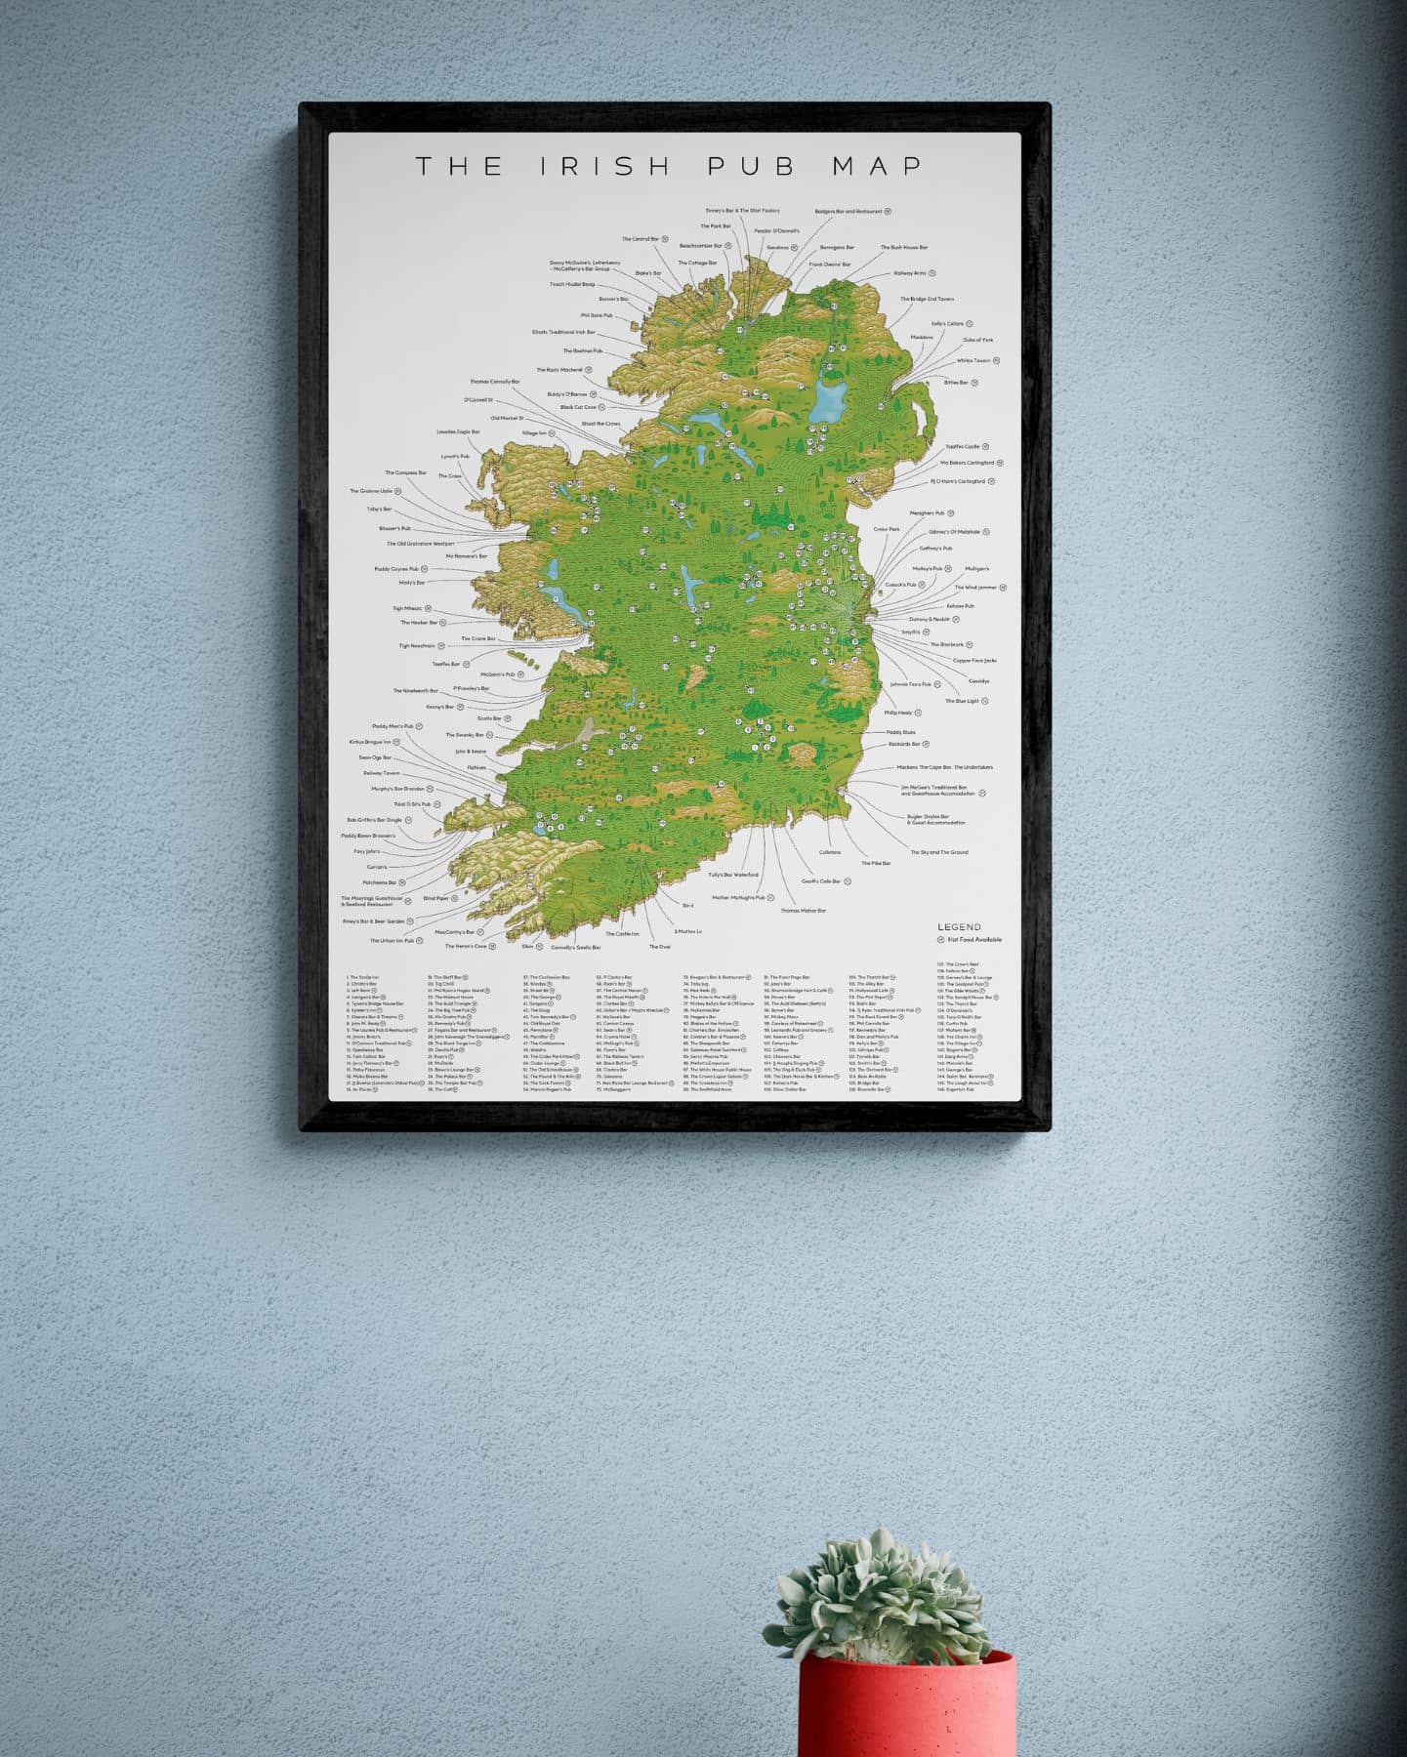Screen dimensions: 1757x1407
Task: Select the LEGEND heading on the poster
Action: click(x=959, y=927)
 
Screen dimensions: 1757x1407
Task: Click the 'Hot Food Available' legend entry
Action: click(x=974, y=940)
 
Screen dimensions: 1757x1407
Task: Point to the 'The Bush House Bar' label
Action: click(x=904, y=248)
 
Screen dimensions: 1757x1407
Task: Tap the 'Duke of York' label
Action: click(x=977, y=340)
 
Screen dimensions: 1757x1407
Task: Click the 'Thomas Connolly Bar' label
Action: click(x=495, y=382)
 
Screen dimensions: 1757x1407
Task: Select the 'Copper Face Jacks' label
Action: click(x=974, y=661)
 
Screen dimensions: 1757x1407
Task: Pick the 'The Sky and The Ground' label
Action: click(x=938, y=852)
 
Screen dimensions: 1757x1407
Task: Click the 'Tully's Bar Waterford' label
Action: click(x=733, y=875)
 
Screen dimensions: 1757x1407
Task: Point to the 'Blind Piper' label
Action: click(x=435, y=898)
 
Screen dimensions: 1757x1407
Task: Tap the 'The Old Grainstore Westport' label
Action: click(x=421, y=544)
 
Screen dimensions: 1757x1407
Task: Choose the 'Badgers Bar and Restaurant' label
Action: click(x=848, y=211)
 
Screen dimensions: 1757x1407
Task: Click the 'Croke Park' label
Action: click(x=887, y=529)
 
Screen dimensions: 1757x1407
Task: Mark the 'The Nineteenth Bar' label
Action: click(x=416, y=691)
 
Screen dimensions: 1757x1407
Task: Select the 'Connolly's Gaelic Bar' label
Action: click(x=575, y=947)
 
